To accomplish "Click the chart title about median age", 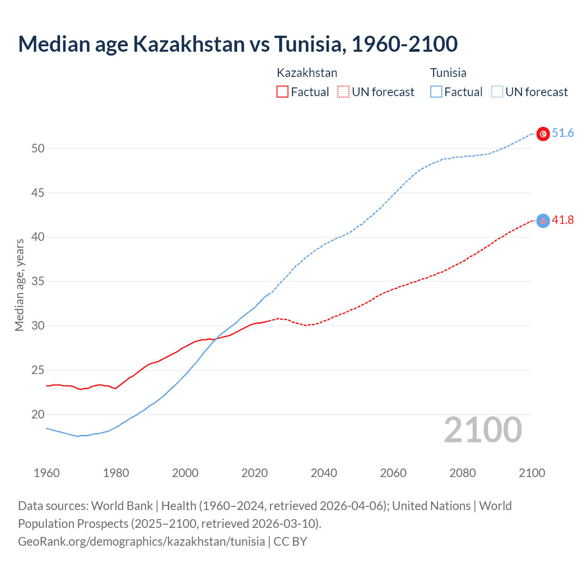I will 238,44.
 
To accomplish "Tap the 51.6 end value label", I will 563,133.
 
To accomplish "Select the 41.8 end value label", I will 563,220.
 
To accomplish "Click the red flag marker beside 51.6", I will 543,134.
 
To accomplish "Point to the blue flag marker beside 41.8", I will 543,221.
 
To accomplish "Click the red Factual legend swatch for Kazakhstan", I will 282,92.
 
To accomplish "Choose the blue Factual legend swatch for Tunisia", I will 436,92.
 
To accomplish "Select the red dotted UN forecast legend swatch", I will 343,92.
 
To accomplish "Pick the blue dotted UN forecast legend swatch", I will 497,92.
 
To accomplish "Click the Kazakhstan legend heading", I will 307,73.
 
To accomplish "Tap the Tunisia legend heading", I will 448,73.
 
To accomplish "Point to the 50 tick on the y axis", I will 38,148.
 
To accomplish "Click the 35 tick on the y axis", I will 38,282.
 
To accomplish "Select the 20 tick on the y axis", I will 38,415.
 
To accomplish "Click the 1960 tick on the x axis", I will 47,473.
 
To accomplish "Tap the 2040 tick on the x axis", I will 324,473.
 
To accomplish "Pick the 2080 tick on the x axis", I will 462,473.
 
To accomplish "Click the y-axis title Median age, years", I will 19,285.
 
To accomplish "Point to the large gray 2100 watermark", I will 483,430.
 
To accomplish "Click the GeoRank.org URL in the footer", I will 141,542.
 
